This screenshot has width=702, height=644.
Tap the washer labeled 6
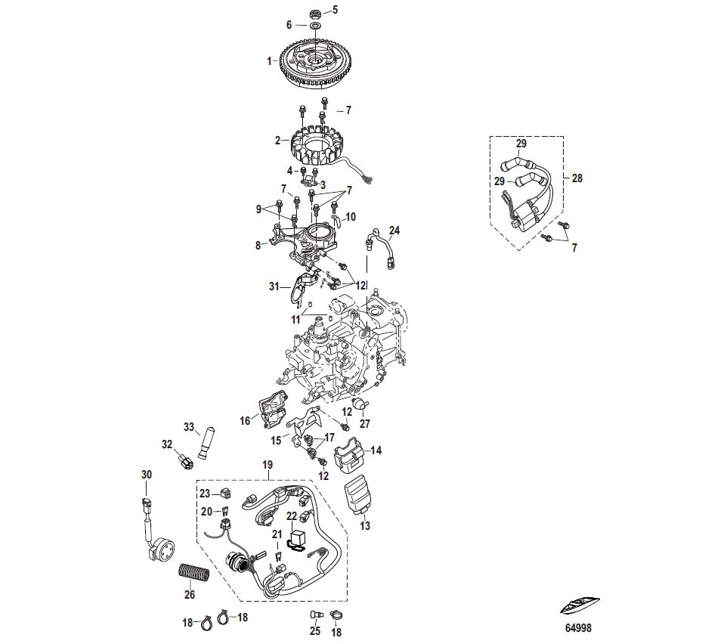(314, 26)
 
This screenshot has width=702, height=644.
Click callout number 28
(577, 179)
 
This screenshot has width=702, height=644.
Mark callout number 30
(146, 475)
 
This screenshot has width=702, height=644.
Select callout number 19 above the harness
(266, 466)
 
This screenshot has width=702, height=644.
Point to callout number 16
(245, 420)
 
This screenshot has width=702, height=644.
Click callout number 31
(273, 286)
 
